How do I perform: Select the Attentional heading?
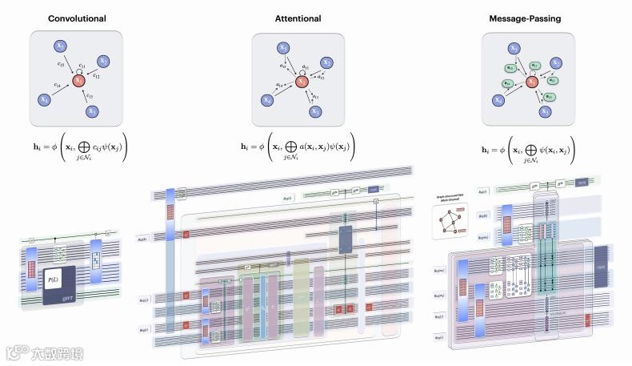(298, 18)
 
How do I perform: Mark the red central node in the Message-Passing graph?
(530, 81)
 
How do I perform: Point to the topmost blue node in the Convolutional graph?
(62, 47)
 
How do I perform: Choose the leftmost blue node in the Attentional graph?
(266, 100)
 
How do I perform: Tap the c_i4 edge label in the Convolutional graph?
(58, 85)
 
